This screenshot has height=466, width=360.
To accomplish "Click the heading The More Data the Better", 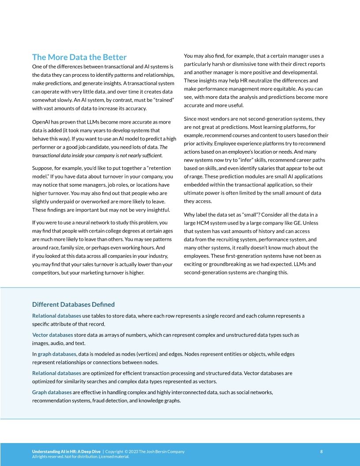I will (x=79, y=57).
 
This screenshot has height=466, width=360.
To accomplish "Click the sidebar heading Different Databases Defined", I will (x=73, y=304).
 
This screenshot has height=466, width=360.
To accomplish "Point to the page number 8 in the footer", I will (x=321, y=451).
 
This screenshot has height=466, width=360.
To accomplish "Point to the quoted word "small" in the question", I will (x=251, y=214).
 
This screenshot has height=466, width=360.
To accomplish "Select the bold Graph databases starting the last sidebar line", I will (x=52, y=392).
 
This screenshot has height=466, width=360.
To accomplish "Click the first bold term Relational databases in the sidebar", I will (x=56, y=316).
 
